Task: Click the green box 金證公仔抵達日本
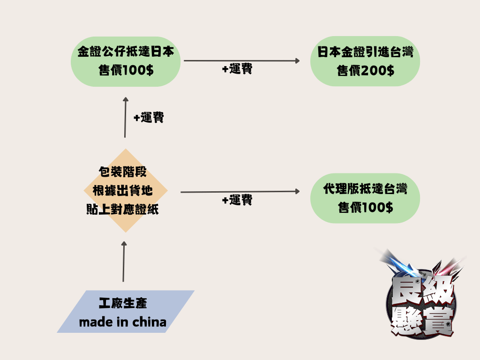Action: coord(126,61)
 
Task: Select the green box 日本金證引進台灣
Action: coord(365,61)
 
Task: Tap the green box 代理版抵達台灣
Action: coord(365,198)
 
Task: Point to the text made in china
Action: coord(123,322)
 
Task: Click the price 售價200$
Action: coord(365,71)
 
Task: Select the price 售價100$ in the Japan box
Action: coord(126,70)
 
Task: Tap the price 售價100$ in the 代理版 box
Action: coord(365,207)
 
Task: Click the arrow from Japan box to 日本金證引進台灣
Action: coord(241,60)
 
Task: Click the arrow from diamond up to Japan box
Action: coord(125,117)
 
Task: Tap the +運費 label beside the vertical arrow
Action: coord(149,118)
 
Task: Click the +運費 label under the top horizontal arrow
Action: coord(237,69)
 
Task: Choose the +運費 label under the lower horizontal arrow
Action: coord(237,201)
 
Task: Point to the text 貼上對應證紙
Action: coord(123,210)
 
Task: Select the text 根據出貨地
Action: coord(123,191)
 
